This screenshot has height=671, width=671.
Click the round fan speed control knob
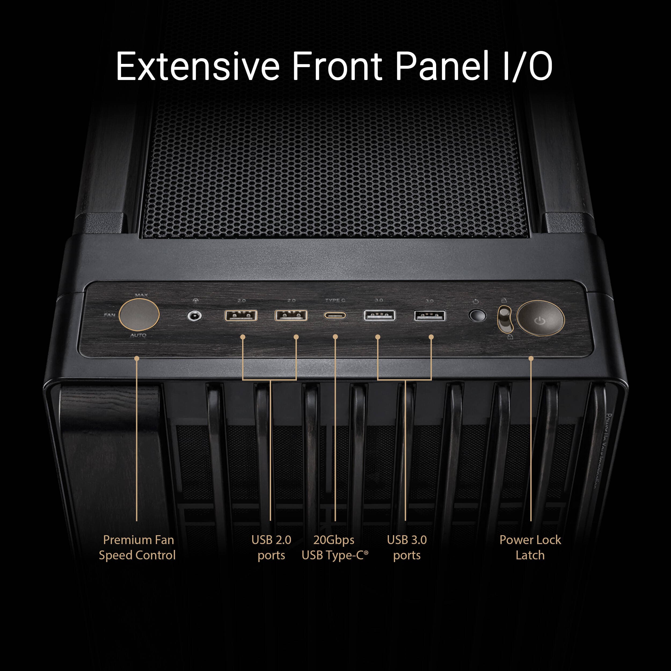(x=139, y=315)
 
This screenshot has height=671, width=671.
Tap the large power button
(x=540, y=318)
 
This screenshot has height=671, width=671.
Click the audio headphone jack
(x=195, y=316)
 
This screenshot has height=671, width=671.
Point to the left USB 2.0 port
(x=241, y=315)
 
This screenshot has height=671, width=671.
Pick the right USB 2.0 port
(x=291, y=315)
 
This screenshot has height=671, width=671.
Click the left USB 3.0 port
(x=379, y=315)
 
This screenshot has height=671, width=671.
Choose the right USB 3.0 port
(x=430, y=316)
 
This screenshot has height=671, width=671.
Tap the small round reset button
(x=477, y=315)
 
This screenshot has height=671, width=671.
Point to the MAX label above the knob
(x=141, y=295)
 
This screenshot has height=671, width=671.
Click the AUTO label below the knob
(x=138, y=335)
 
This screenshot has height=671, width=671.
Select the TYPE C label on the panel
(x=335, y=300)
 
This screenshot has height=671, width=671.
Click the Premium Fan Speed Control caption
(x=137, y=547)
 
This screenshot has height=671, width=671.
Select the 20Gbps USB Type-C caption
(x=334, y=547)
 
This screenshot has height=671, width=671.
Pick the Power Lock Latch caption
(x=530, y=547)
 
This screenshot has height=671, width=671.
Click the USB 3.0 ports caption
(x=407, y=547)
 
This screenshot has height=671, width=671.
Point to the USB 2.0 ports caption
(x=271, y=547)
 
